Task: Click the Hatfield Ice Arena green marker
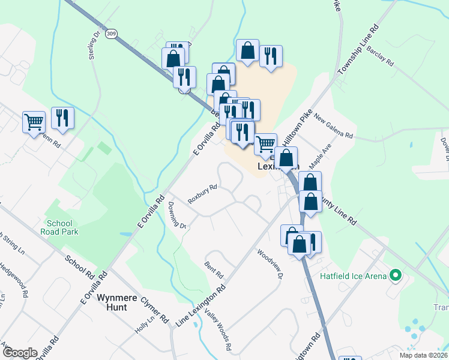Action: click(x=395, y=276)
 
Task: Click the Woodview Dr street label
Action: click(x=270, y=264)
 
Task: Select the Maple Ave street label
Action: click(x=320, y=156)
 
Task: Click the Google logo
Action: click(x=19, y=353)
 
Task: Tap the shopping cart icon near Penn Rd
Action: click(x=34, y=122)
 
